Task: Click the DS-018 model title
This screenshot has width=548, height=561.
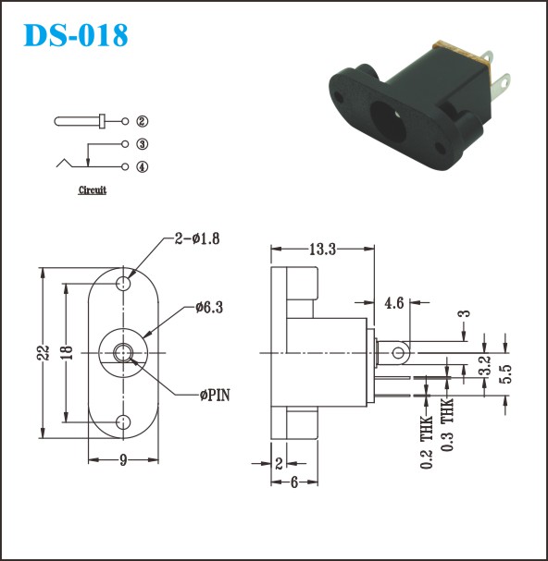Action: point(75,35)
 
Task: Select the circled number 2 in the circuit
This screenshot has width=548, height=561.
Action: point(142,122)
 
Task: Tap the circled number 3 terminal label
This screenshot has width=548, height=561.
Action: point(142,144)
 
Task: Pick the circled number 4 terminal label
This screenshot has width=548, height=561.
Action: point(142,166)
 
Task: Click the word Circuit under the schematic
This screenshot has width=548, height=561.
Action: point(93,190)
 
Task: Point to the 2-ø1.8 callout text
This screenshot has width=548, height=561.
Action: point(197,238)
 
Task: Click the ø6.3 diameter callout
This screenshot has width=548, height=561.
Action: point(209,308)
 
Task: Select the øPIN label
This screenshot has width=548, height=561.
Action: point(215,396)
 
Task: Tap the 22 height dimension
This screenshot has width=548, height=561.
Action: point(44,352)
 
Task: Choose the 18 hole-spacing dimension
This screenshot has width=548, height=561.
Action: point(67,352)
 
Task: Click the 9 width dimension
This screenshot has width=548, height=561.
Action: point(123,460)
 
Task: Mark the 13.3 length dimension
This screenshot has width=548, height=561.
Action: point(322,250)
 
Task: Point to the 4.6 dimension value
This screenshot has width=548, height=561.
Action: point(394,303)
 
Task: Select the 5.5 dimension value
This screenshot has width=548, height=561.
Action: point(505,374)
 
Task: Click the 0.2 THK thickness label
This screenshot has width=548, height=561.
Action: point(426,442)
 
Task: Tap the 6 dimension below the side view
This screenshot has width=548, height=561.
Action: point(293,482)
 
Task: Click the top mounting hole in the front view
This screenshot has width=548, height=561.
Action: point(123,284)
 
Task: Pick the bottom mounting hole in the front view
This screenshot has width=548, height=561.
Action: point(123,422)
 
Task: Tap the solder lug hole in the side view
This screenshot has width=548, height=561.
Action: point(398,353)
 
